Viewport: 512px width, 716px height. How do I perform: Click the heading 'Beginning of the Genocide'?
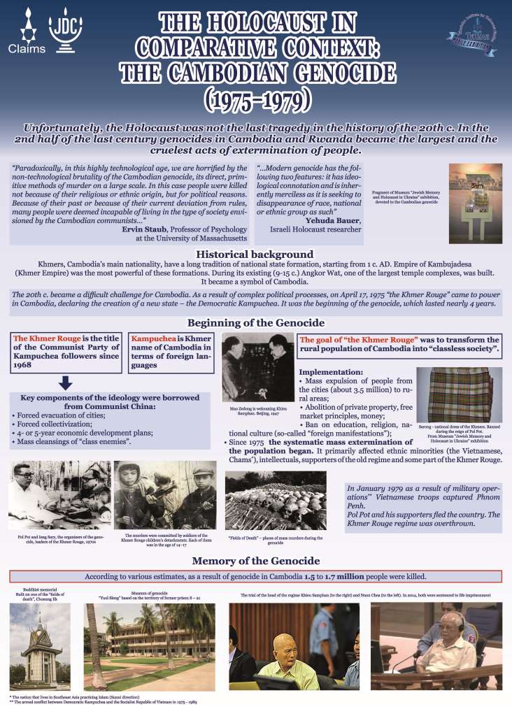(256, 323)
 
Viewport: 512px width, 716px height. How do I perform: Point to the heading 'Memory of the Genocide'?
(256, 561)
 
